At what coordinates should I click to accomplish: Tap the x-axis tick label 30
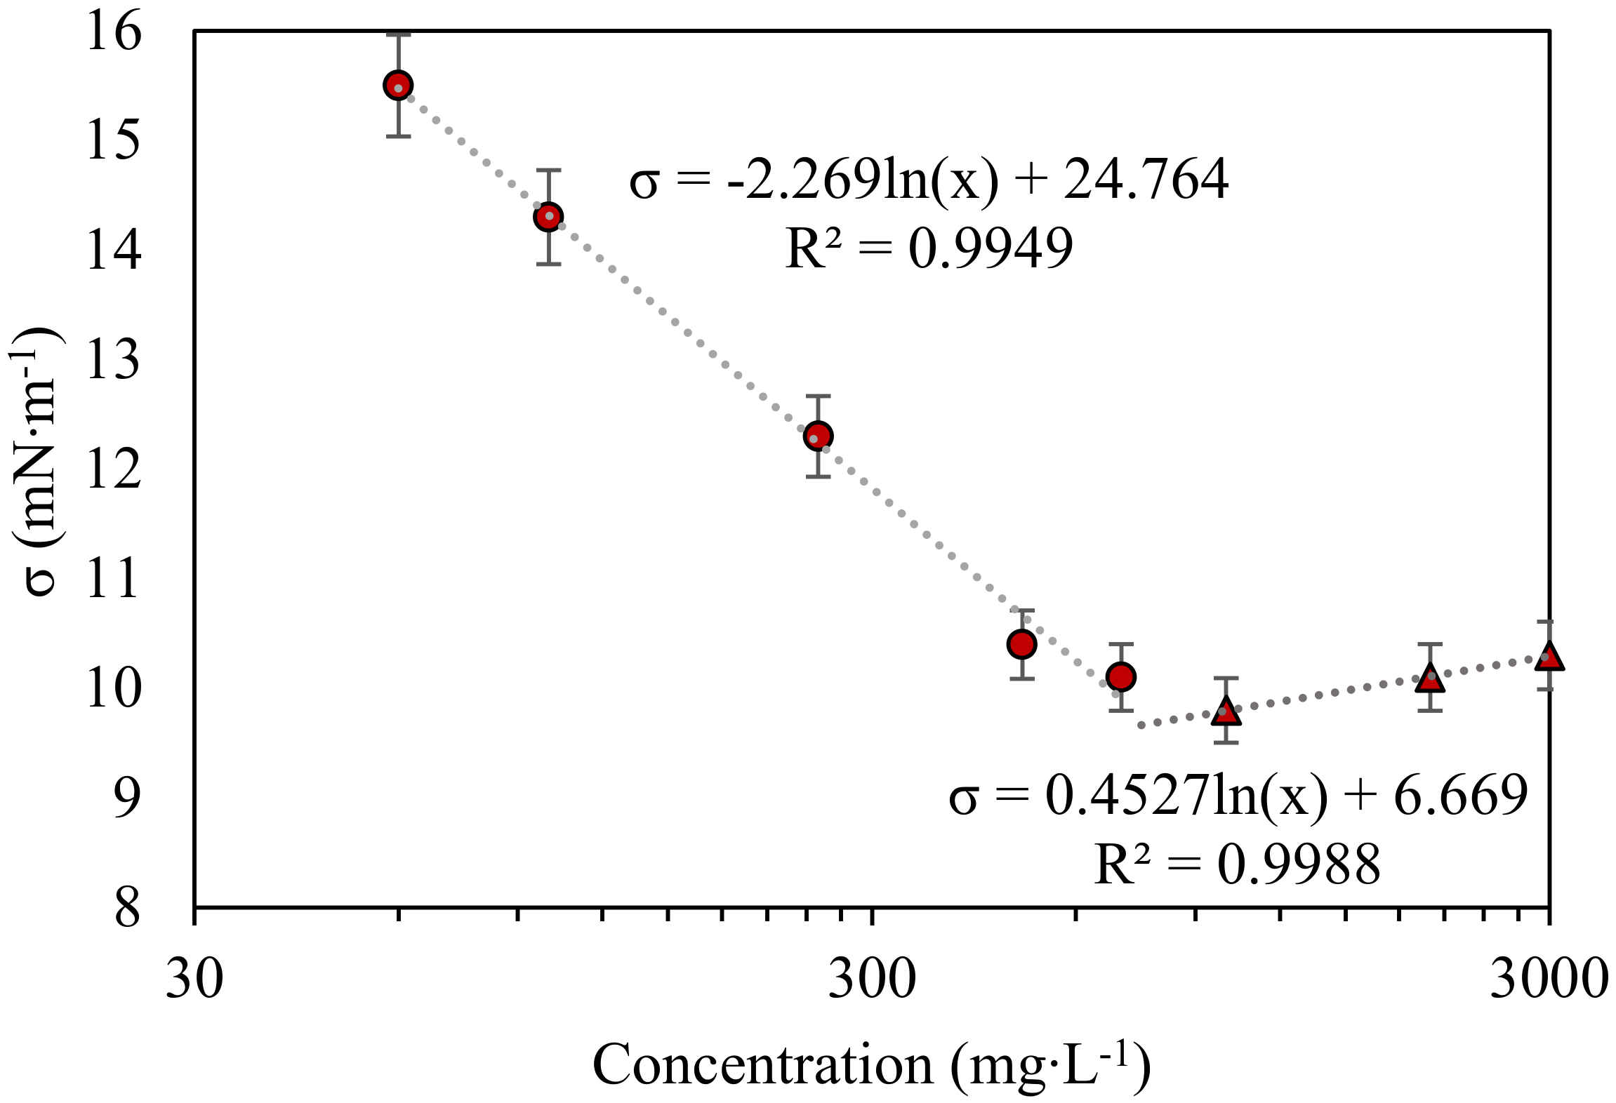click(194, 979)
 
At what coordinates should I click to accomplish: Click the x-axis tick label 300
click(872, 979)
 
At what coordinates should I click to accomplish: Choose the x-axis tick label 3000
click(1549, 979)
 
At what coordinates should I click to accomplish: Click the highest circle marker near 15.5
click(398, 86)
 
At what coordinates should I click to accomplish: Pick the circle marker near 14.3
click(548, 217)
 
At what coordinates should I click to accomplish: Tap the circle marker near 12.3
click(818, 436)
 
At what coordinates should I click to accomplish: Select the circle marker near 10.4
click(1021, 644)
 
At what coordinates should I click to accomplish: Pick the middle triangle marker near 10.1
click(1429, 679)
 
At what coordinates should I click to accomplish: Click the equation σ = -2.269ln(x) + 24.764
click(928, 180)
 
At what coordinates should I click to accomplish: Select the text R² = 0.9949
click(928, 248)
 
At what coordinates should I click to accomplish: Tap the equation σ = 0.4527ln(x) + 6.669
click(1237, 796)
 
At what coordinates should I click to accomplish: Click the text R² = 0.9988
click(1237, 864)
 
